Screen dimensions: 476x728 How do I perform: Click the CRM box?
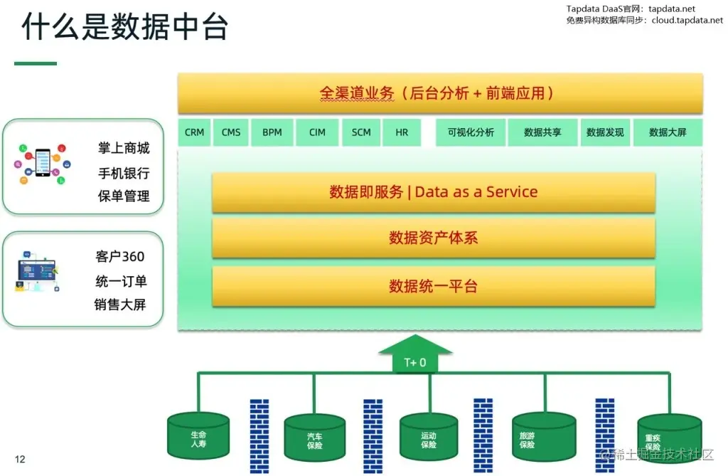click(x=194, y=132)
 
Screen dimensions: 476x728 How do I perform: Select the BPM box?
click(x=272, y=132)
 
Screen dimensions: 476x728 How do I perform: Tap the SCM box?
click(x=361, y=132)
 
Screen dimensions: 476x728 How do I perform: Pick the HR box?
click(x=402, y=132)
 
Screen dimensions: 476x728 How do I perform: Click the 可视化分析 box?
click(x=471, y=132)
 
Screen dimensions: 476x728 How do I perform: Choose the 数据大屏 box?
click(x=668, y=132)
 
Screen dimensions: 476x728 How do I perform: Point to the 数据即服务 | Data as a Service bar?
click(x=433, y=192)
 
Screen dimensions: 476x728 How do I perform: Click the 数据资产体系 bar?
click(x=433, y=238)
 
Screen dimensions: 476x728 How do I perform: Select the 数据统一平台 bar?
click(x=433, y=286)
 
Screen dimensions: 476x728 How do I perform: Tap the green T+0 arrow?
click(x=415, y=355)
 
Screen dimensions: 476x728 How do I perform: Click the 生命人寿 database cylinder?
click(x=198, y=435)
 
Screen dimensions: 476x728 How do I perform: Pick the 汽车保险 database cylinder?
click(x=314, y=438)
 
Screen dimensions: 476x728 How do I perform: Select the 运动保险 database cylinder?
click(x=429, y=438)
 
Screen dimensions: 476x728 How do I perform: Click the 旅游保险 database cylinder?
click(x=544, y=437)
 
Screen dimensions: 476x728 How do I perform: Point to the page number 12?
click(x=20, y=459)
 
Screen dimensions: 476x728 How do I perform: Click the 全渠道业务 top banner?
click(x=439, y=93)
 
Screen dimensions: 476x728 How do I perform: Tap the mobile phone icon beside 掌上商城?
click(x=43, y=165)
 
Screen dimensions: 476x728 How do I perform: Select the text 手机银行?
click(x=124, y=174)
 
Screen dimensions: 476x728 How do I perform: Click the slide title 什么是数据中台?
click(x=125, y=28)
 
